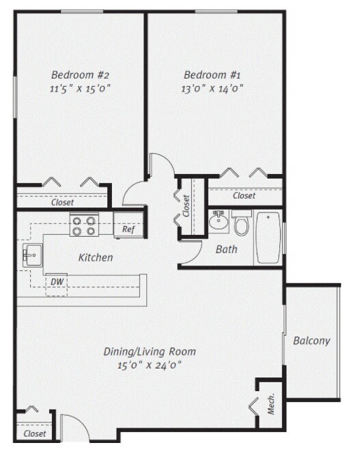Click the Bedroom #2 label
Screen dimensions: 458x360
point(81,75)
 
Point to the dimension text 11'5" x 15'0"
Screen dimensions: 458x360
point(81,88)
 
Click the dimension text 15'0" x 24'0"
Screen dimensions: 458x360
point(150,365)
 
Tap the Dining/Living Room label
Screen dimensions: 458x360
point(150,352)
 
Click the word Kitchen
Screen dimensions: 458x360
point(96,258)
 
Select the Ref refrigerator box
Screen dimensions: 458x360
point(128,229)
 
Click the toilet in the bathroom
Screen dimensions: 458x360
point(240,223)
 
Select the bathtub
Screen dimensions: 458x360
point(268,238)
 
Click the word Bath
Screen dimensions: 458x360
point(226,250)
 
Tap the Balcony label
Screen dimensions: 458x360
point(311,341)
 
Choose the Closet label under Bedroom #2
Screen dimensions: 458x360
point(62,202)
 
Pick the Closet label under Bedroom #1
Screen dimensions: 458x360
point(244,196)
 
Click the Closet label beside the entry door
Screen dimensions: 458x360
point(35,433)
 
